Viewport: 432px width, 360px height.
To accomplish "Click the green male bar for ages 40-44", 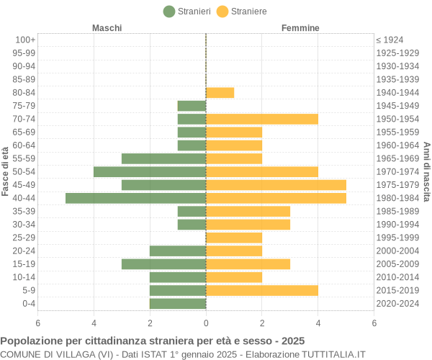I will [x=135, y=198].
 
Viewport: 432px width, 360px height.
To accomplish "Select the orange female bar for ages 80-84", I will [x=220, y=92].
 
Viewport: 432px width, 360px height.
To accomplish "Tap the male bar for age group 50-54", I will [x=150, y=171].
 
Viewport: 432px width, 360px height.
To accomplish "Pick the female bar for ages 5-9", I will [x=262, y=290].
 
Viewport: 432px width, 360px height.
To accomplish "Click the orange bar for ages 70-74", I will [x=262, y=119].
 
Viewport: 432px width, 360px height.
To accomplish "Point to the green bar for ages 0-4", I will [x=178, y=303].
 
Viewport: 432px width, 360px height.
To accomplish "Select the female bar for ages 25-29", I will [x=234, y=238].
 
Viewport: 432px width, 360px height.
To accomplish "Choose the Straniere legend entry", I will [x=242, y=11].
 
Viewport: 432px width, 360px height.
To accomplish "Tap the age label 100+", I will [x=25, y=40].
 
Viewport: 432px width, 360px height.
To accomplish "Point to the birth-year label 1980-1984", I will [x=397, y=198].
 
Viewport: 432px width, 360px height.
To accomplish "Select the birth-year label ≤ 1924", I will [x=390, y=40].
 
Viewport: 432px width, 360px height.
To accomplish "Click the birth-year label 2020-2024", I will [x=397, y=303].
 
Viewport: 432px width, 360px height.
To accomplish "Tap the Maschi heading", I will [x=107, y=27].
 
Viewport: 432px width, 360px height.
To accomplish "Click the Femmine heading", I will [x=300, y=27].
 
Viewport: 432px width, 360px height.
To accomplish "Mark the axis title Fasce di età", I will [x=6, y=171].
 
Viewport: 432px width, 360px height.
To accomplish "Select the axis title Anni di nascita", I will [x=426, y=171].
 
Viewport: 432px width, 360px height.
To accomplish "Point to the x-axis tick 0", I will [x=206, y=323].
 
